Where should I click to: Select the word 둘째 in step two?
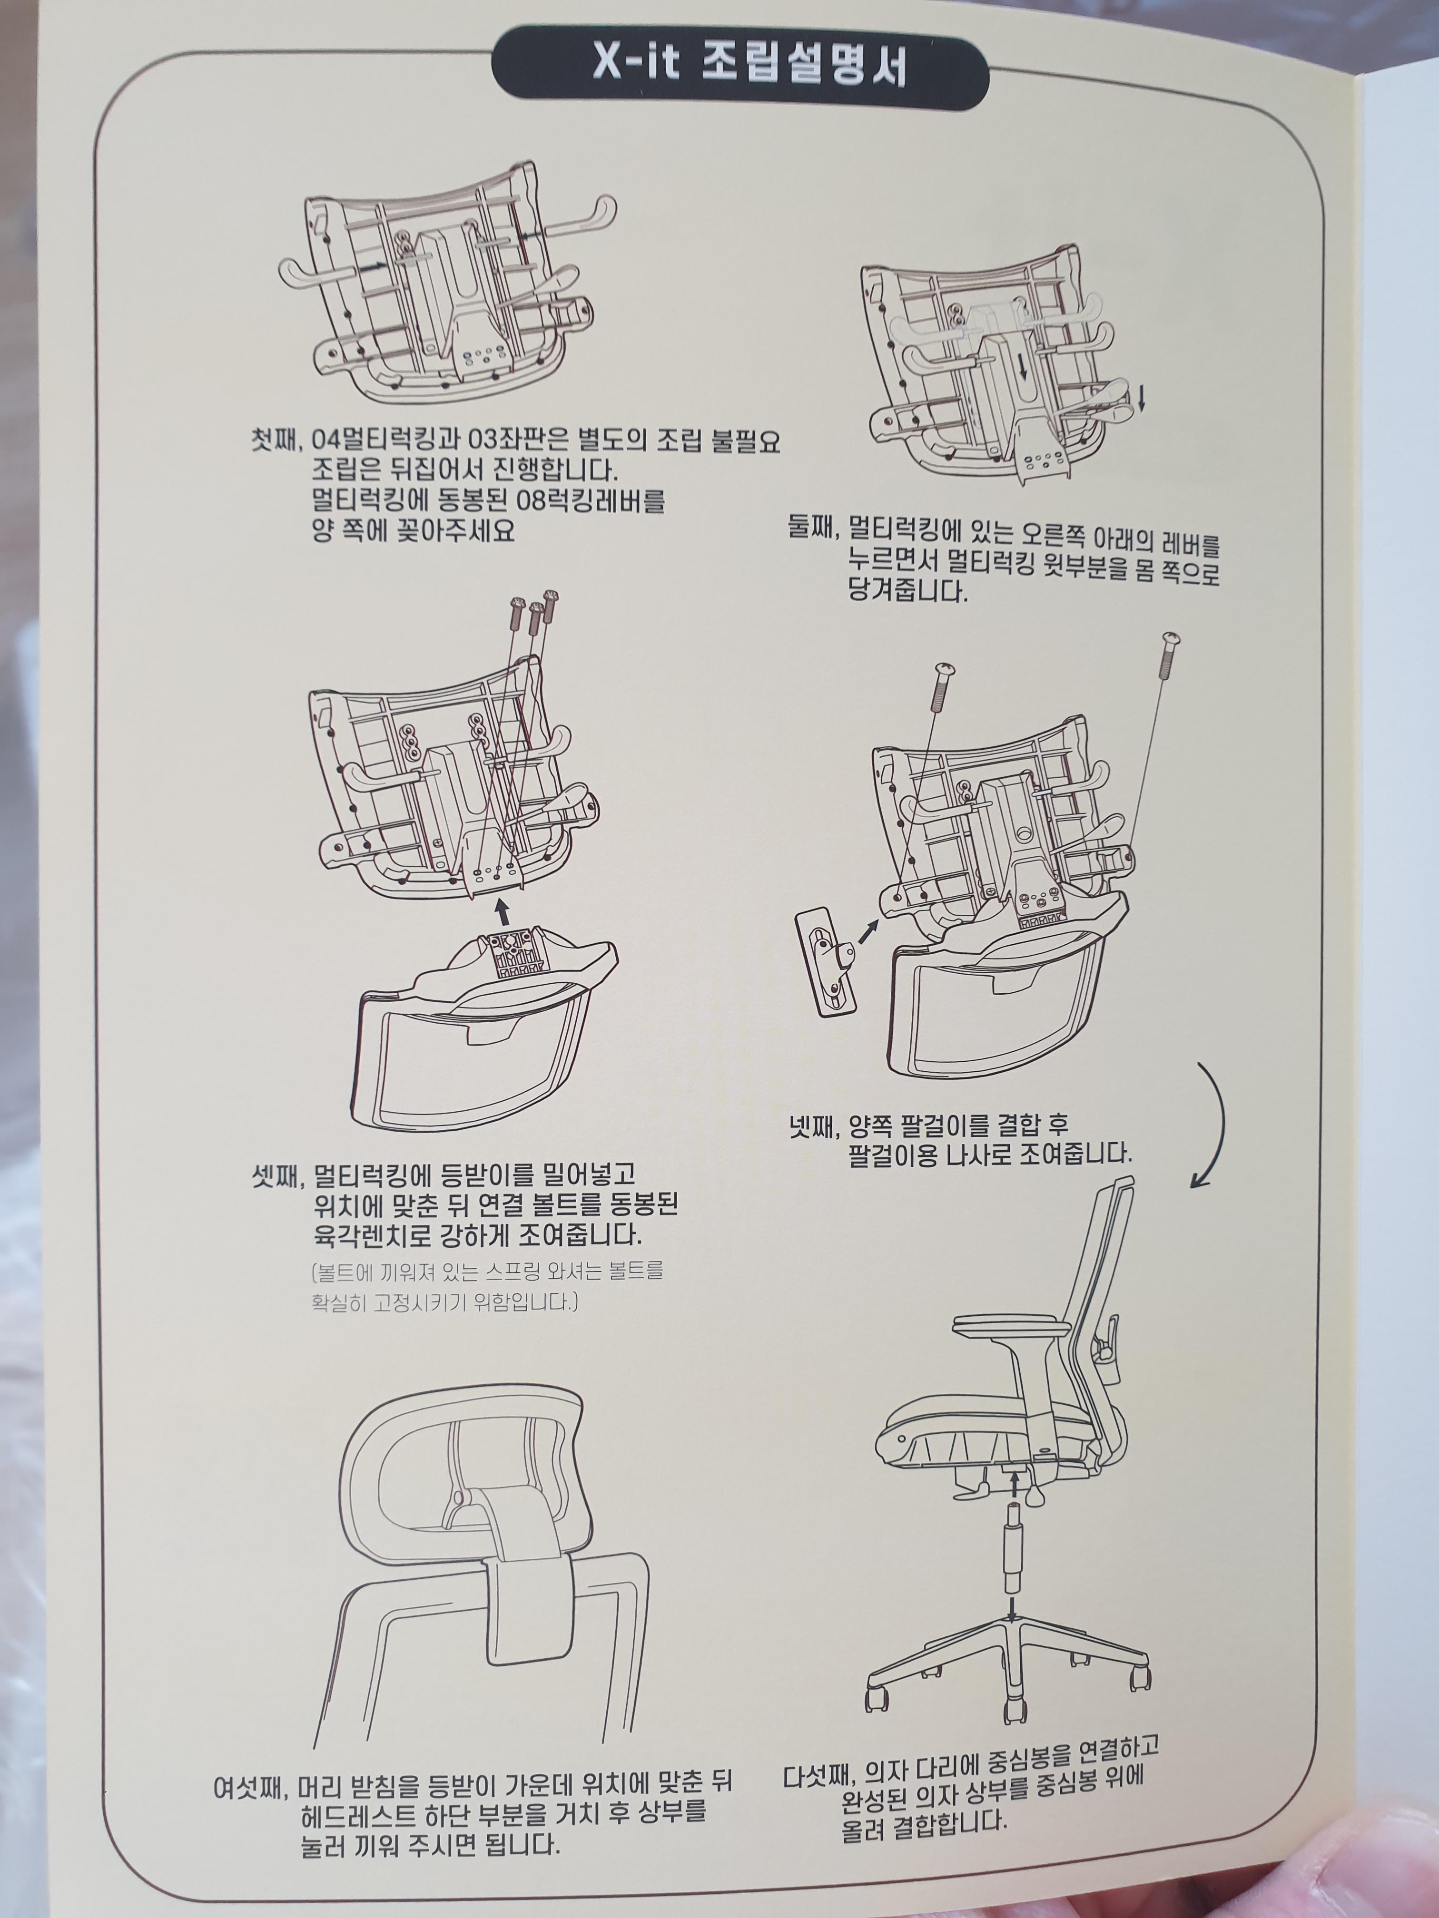(810, 526)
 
